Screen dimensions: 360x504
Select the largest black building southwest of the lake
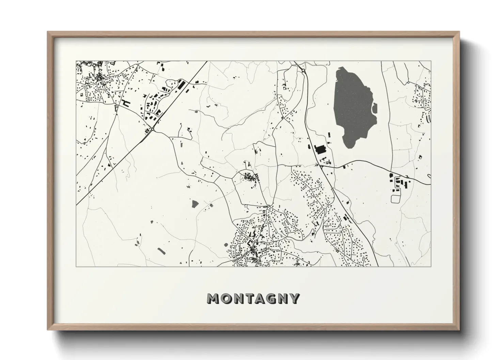(320, 149)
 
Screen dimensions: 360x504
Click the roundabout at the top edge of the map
(303, 70)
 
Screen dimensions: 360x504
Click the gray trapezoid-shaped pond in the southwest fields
(195, 204)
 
